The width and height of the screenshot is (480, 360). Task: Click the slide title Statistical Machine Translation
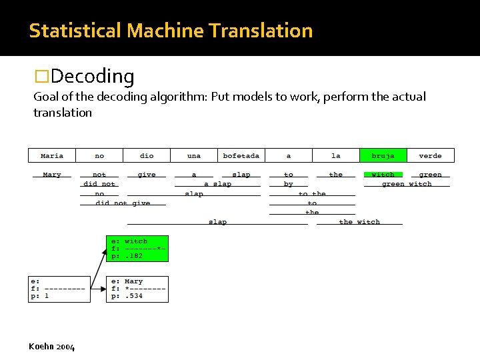171,31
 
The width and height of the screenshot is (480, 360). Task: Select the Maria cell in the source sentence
52,155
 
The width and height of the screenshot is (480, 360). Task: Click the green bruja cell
383,155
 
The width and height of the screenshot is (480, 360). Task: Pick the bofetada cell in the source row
241,155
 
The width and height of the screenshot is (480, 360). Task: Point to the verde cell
430,155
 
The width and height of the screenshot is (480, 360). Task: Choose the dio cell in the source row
147,155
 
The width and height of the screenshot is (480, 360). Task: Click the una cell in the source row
194,155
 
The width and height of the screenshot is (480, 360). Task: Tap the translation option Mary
52,175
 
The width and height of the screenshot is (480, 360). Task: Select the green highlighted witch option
383,175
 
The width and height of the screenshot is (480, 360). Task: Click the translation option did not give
123,203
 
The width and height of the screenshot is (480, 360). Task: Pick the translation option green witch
407,184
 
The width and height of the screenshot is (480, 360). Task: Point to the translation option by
288,184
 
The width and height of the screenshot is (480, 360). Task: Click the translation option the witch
359,222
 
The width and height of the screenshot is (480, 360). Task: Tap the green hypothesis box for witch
137,248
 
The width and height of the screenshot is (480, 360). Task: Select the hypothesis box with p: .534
137,289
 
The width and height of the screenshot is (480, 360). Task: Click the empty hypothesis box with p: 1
59,289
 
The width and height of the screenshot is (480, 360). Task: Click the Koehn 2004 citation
52,347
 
